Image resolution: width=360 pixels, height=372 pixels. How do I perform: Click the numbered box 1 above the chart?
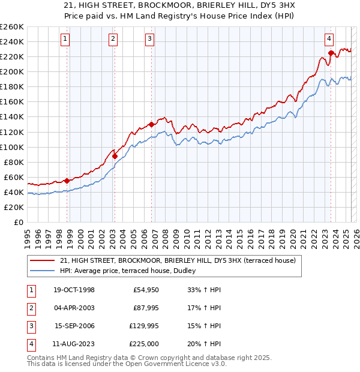tap(65, 40)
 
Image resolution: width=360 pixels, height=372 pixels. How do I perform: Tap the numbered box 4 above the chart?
tap(329, 40)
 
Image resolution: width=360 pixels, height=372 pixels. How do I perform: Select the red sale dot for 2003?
tap(115, 156)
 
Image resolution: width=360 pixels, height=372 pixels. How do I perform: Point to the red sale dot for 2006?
tap(151, 124)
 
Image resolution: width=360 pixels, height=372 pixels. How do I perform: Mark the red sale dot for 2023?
tap(331, 53)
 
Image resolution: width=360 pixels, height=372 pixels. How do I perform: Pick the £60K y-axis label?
tap(14, 177)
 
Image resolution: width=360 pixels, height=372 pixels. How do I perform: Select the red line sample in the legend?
tap(42, 261)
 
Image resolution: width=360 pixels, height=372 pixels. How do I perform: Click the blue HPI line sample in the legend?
tap(42, 271)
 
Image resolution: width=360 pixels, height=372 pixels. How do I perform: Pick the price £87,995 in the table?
tap(145, 308)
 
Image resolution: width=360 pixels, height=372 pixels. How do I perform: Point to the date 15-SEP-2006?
tap(74, 326)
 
